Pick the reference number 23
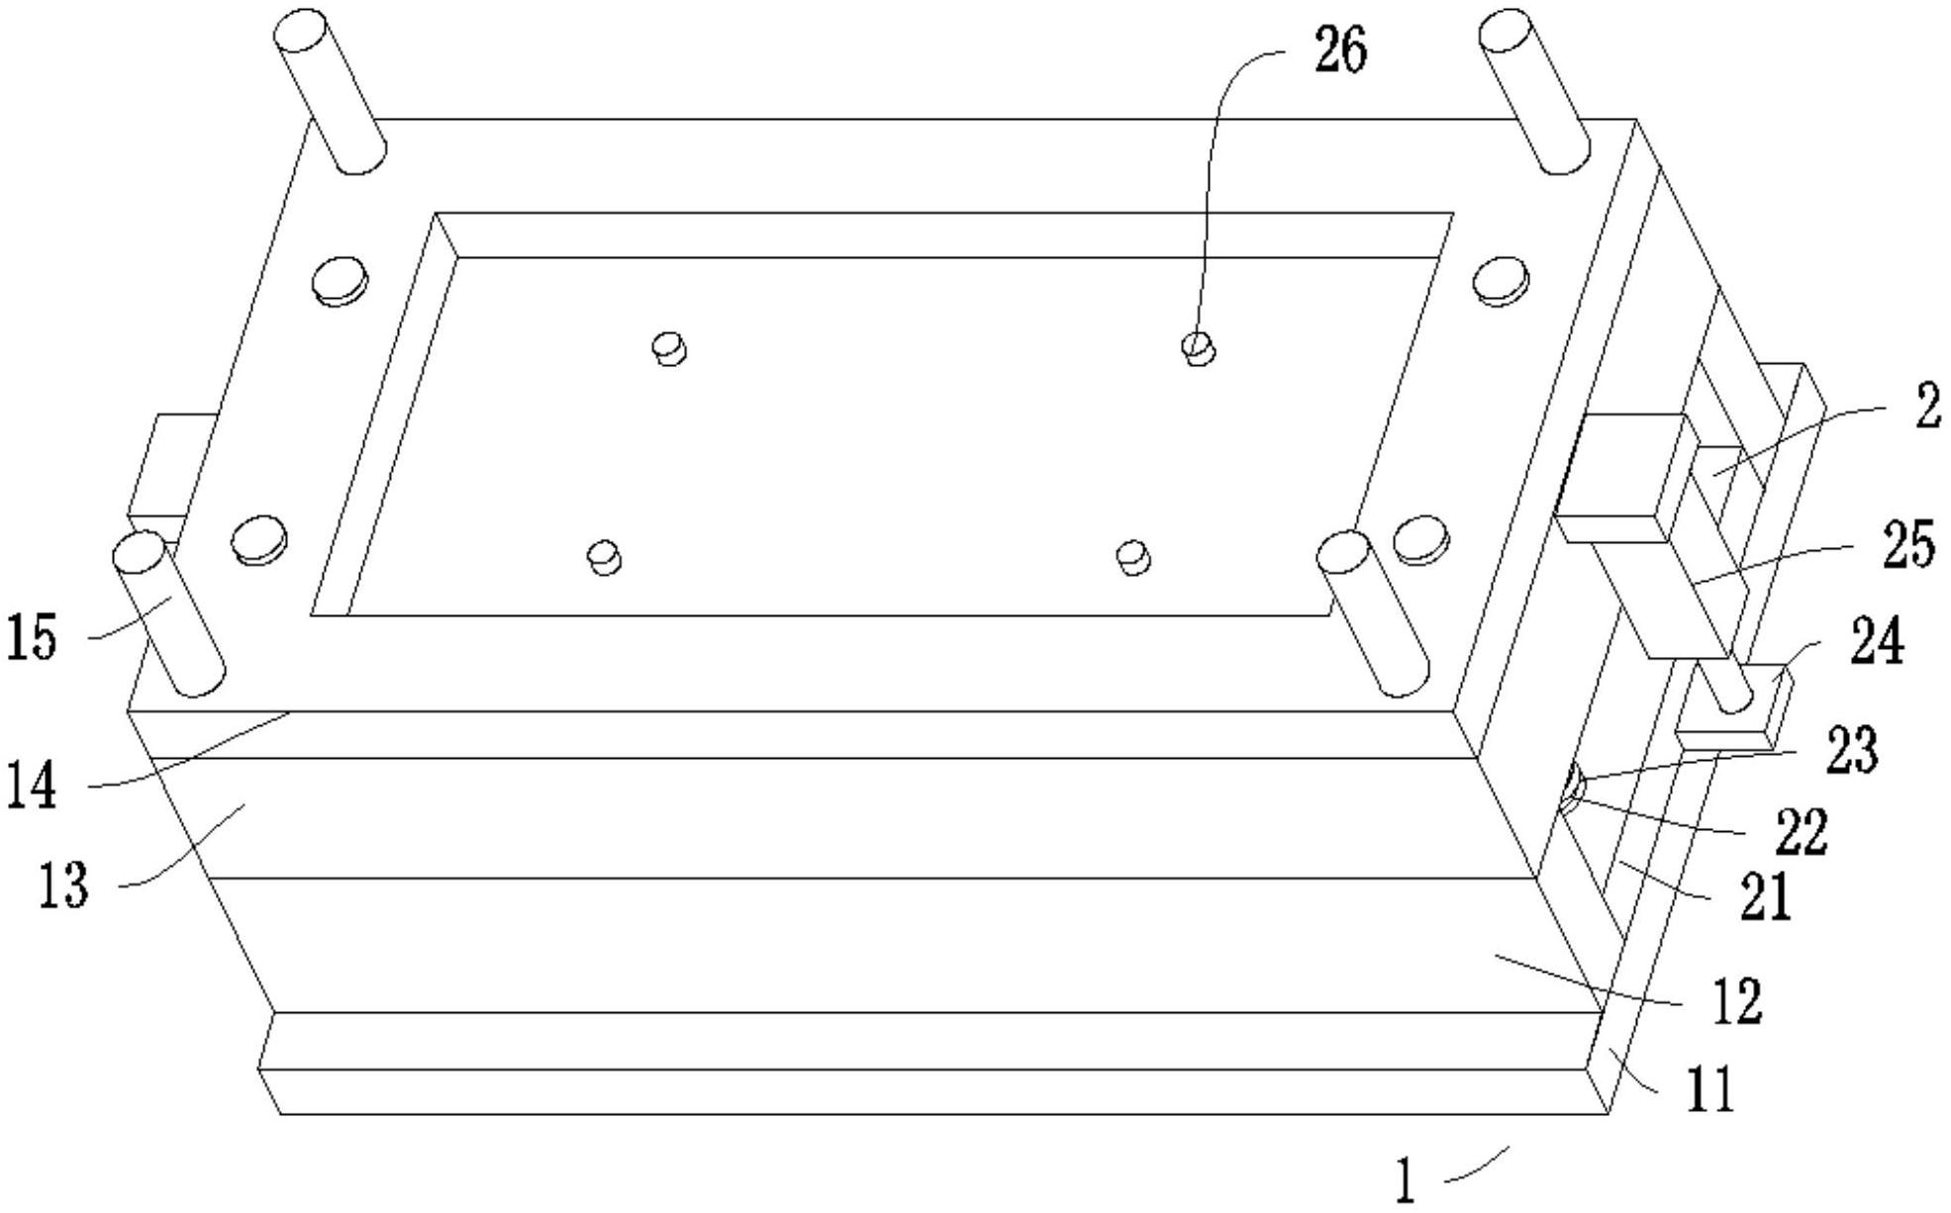tap(1851, 750)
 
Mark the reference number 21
tap(1766, 898)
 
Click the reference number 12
tap(1736, 1001)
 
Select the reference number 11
tap(1710, 1090)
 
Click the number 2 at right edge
tap(1926, 408)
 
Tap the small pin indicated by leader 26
tap(1199, 347)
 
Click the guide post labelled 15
tap(168, 613)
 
